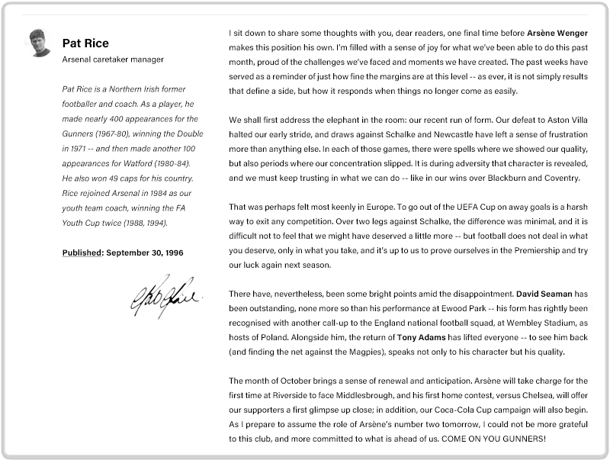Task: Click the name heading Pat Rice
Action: (x=85, y=43)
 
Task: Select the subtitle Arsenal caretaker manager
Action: (x=113, y=59)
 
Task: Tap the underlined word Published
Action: (x=82, y=252)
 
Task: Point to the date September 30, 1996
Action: (x=145, y=252)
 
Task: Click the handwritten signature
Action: (x=165, y=295)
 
